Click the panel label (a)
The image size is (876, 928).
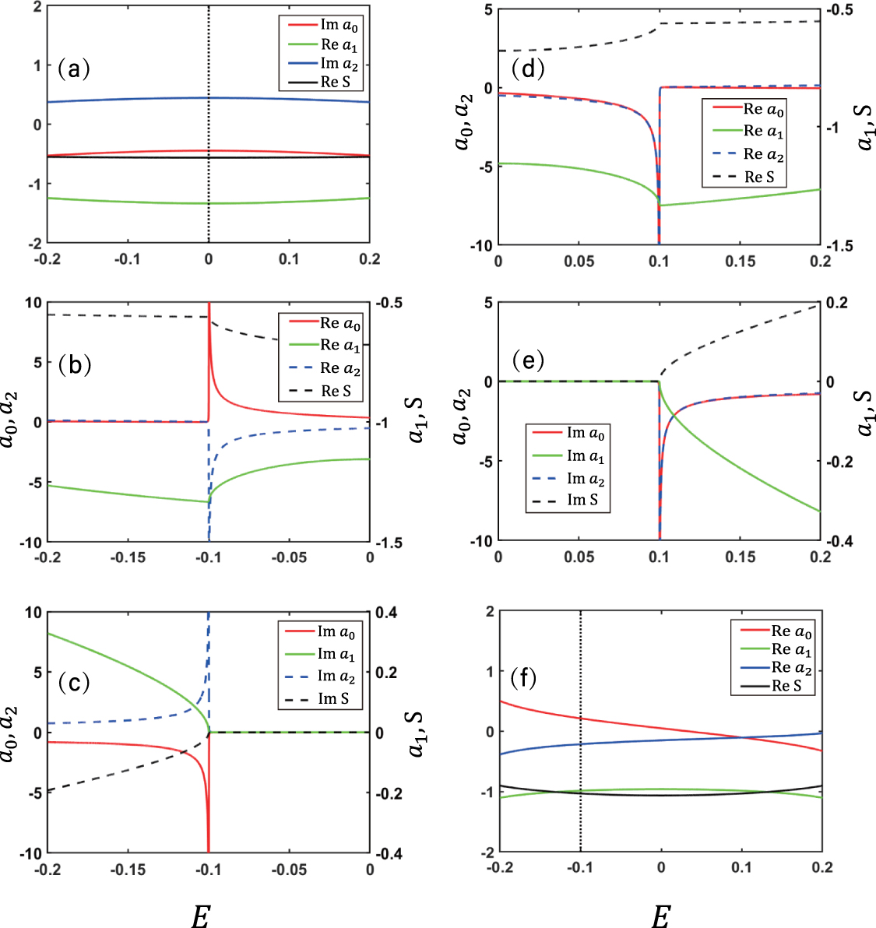[x=74, y=69]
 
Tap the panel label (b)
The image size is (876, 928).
[x=75, y=364]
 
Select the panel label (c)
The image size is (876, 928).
[x=74, y=683]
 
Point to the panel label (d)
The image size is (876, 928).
[x=527, y=69]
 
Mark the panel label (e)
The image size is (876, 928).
[x=527, y=360]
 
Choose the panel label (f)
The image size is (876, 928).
[x=522, y=678]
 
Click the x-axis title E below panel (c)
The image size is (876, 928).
[x=200, y=917]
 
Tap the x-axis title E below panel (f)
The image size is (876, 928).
[x=660, y=917]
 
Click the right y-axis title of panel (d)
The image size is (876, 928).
[x=865, y=127]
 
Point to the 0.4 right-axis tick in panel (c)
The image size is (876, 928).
[x=386, y=613]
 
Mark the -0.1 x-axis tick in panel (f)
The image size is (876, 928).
[x=580, y=867]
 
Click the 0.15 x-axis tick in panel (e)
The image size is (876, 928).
[x=740, y=557]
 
